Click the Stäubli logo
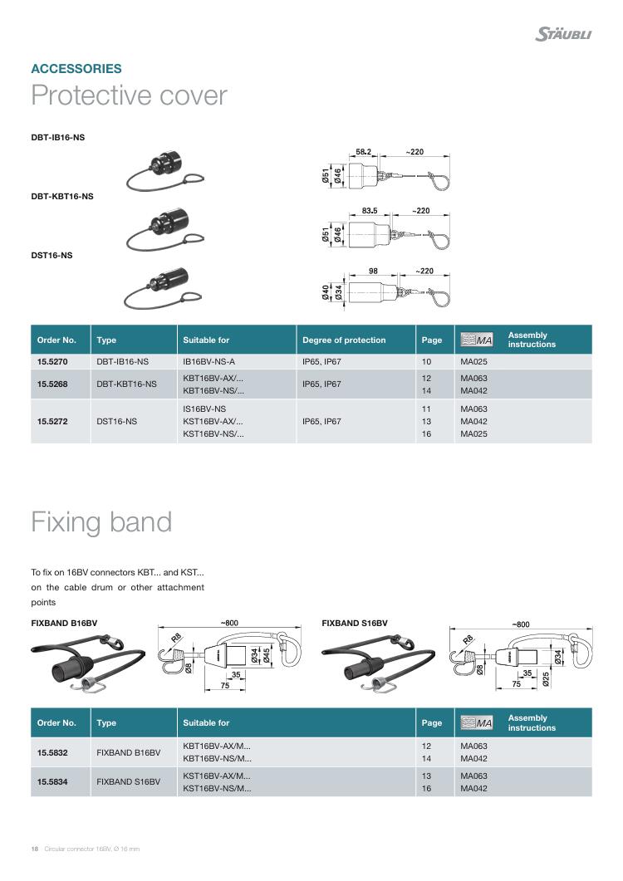pos(563,34)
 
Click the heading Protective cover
pos(129,95)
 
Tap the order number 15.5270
pos(52,362)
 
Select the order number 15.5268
pos(52,384)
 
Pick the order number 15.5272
pos(52,421)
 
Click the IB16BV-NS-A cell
pos(209,362)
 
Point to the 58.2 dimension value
pos(363,152)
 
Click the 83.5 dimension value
pos(370,211)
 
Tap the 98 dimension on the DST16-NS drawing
pos(373,271)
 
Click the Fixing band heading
pos(101,522)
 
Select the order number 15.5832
pos(52,752)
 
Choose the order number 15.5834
pos(52,782)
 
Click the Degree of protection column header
pos(344,340)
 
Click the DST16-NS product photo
pos(160,286)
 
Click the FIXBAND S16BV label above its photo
pos(355,623)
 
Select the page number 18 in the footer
pos(35,849)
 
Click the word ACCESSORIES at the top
pos(76,69)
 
